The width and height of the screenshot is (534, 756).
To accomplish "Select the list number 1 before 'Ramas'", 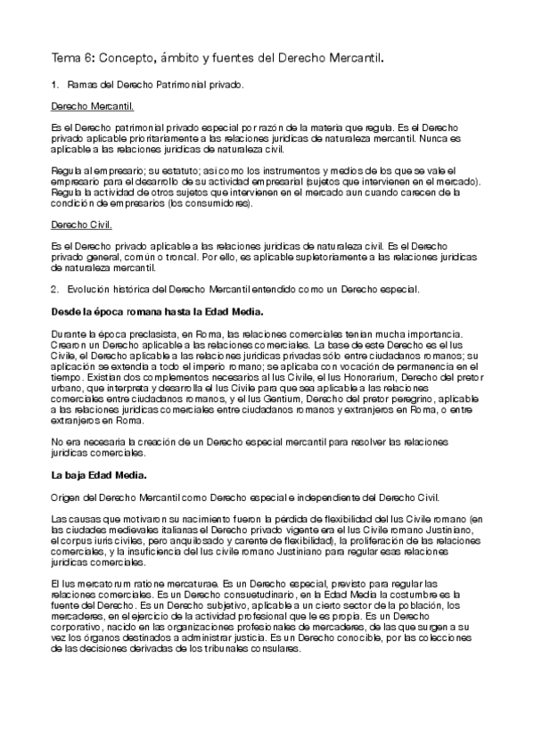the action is point(55,85).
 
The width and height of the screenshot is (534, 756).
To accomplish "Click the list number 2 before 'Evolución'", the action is point(55,289).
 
